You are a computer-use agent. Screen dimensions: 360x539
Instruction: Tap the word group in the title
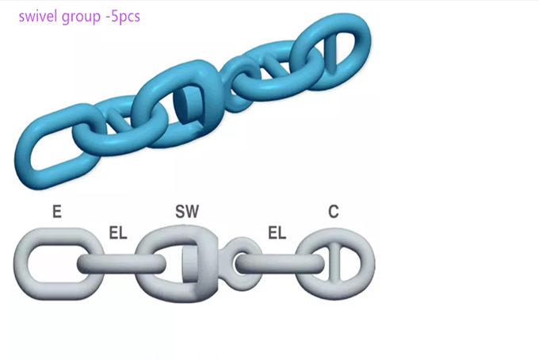(x=82, y=16)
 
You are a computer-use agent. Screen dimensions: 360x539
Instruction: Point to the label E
(x=56, y=212)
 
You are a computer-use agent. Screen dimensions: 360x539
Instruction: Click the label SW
(x=187, y=212)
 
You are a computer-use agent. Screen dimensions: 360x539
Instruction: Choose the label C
(x=334, y=212)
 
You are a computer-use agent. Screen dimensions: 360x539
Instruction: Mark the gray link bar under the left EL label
(x=111, y=263)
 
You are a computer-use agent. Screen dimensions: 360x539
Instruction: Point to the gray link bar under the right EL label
(x=273, y=262)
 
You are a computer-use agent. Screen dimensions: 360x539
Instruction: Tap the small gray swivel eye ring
(x=240, y=261)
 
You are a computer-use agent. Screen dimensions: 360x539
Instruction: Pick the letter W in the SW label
(x=193, y=212)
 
